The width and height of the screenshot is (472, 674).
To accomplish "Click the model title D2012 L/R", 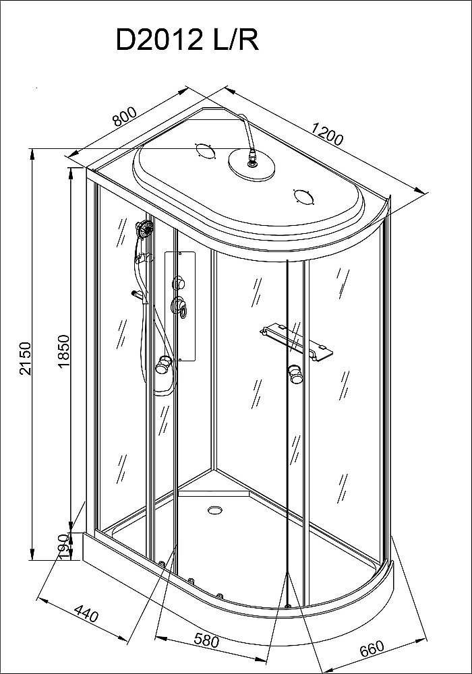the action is click(187, 41).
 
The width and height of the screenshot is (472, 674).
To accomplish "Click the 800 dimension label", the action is click(125, 116).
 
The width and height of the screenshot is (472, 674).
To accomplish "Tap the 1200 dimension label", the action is click(328, 133).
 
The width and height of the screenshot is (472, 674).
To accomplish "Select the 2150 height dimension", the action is click(26, 358).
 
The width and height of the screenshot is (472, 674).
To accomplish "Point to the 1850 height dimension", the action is click(63, 351).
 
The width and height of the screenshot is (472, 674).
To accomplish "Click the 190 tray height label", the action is click(63, 546).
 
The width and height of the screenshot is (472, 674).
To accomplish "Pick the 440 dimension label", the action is click(86, 613).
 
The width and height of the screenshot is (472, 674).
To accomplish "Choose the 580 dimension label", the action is click(206, 641).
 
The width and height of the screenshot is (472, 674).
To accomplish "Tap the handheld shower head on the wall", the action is click(144, 228).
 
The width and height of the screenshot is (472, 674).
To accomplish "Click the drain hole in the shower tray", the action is click(214, 510).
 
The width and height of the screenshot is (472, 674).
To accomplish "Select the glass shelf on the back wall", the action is click(296, 342).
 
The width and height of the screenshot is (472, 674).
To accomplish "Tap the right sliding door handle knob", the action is click(295, 373).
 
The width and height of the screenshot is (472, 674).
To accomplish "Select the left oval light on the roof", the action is click(204, 150).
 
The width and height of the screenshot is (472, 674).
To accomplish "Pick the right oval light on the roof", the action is click(304, 197).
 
